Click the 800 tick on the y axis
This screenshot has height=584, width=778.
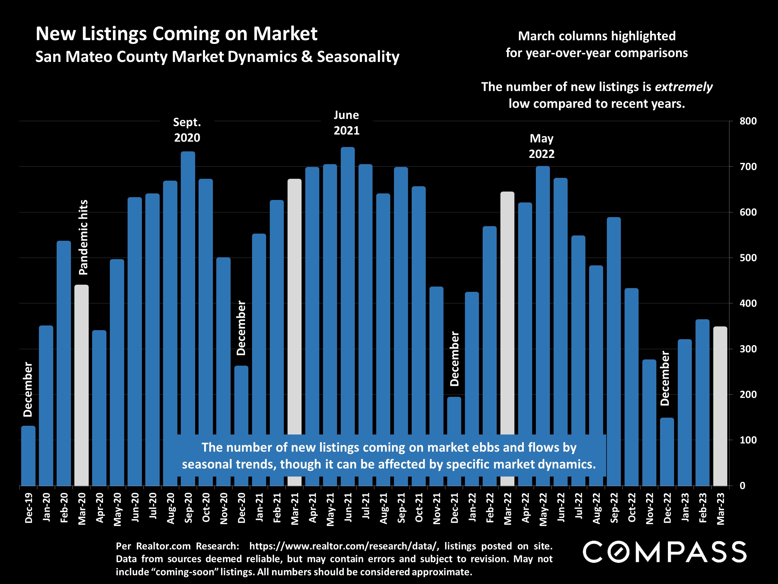pos(748,121)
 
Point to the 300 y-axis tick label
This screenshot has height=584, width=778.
pos(748,349)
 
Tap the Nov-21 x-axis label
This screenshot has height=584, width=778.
pos(437,508)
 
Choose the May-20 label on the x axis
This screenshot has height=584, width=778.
pos(117,509)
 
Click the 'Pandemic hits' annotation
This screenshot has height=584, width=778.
pos(83,237)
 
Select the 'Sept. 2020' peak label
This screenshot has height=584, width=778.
pos(187,130)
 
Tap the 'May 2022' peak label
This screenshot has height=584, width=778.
pos(542,146)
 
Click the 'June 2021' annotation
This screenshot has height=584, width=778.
pos(346,123)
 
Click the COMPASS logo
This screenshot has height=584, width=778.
pos(664,552)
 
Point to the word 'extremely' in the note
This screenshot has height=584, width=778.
pos(684,87)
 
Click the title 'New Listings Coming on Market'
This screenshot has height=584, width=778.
pos(176,34)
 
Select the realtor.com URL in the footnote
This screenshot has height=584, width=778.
pos(344,546)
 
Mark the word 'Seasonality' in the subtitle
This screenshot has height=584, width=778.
pos(358,57)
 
